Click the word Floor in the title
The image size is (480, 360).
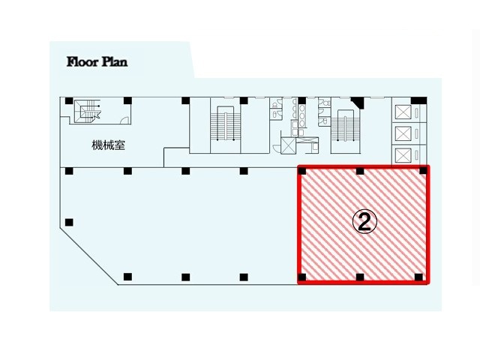(82, 61)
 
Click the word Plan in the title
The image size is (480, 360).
(115, 61)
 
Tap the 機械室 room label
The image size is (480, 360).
(108, 145)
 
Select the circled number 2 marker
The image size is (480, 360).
(364, 223)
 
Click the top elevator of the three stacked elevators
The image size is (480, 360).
(403, 112)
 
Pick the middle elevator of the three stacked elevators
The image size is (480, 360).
(403, 133)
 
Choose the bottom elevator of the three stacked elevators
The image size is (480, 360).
(403, 155)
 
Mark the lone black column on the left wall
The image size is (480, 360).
(69, 222)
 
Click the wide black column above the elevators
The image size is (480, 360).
(418, 100)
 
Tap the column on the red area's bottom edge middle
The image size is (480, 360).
(360, 277)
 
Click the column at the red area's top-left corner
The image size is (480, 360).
(302, 170)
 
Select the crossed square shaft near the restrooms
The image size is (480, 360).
(288, 145)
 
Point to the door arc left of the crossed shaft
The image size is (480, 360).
(277, 148)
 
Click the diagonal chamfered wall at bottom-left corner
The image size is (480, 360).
(89, 256)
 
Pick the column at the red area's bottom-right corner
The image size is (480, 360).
(418, 277)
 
